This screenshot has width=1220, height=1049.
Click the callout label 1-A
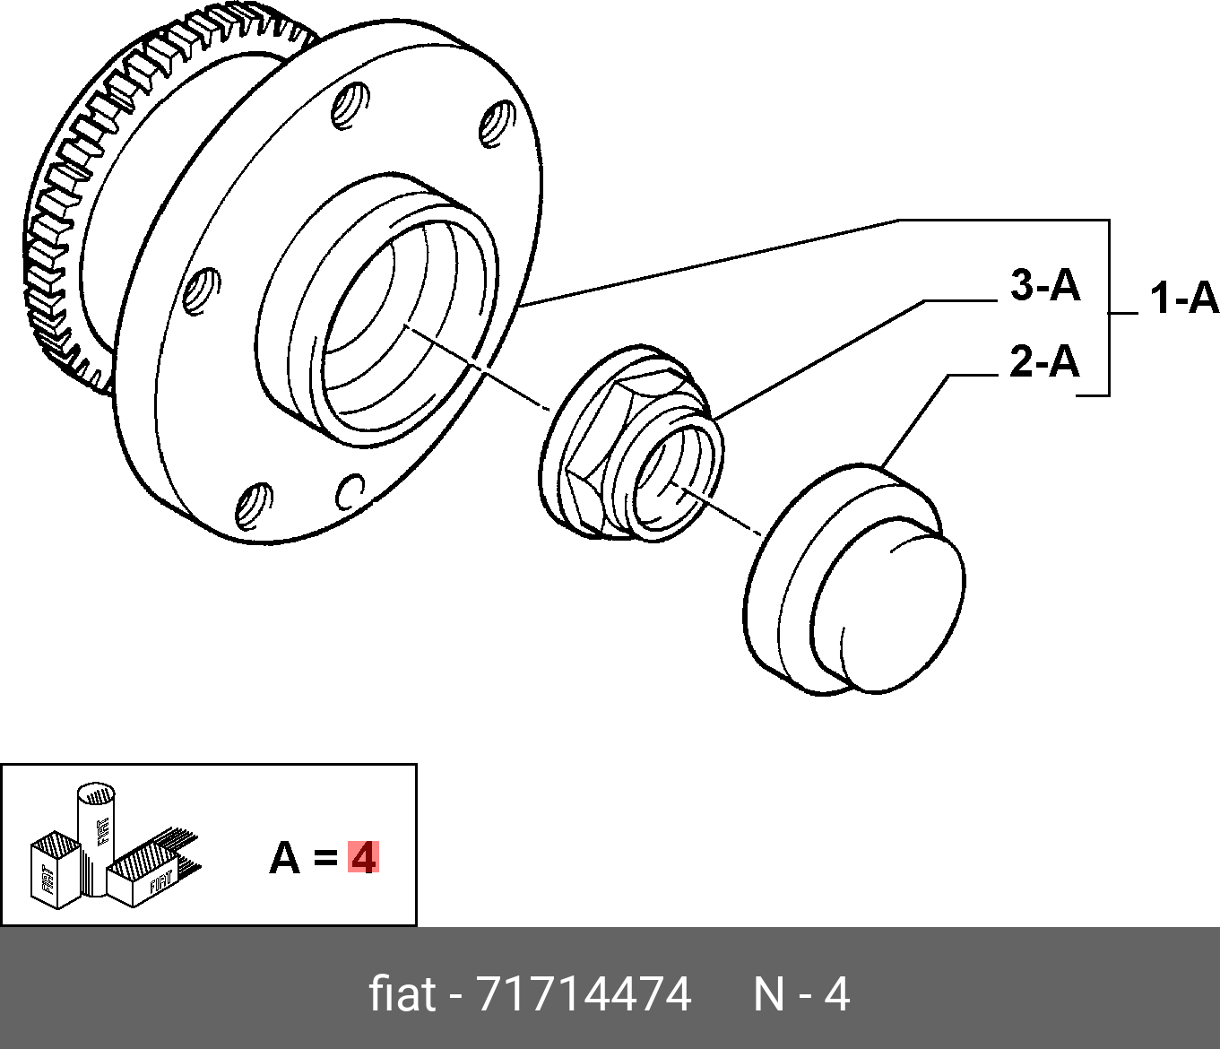point(1184,299)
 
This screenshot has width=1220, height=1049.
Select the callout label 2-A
point(1044,361)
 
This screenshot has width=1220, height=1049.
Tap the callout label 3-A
point(1044,286)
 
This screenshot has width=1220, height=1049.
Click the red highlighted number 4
point(363,857)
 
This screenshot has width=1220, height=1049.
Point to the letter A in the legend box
point(284,858)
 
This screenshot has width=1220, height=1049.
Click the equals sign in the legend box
point(325,859)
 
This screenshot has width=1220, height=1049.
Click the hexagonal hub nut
point(632,443)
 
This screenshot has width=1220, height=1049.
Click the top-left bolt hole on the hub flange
point(350,106)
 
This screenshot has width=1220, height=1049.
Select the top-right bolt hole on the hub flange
point(497,124)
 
